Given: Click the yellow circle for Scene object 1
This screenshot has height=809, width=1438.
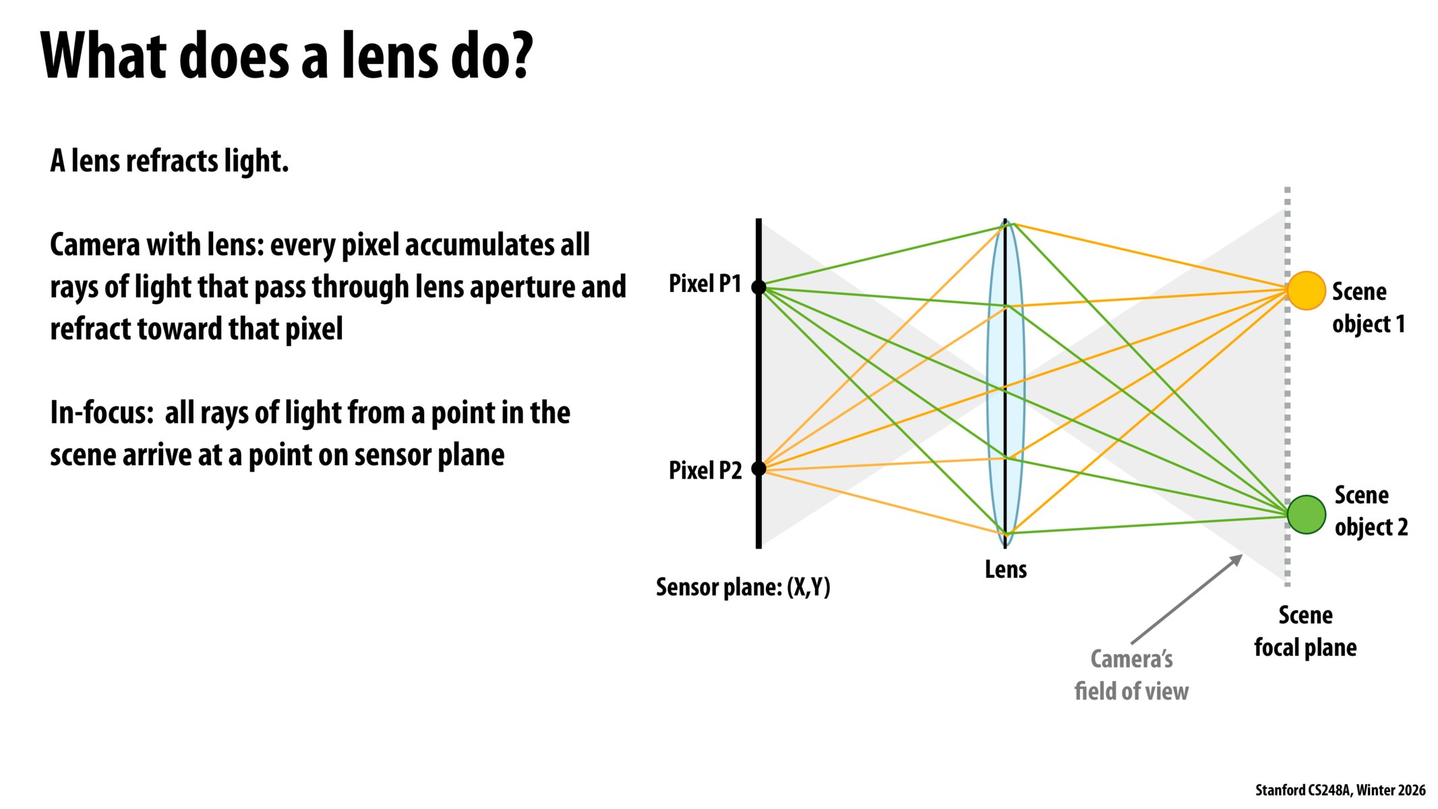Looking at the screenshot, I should pyautogui.click(x=1306, y=291).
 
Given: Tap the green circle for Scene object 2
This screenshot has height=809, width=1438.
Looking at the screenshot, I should pyautogui.click(x=1307, y=514).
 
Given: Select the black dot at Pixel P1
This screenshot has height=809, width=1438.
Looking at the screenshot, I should pyautogui.click(x=758, y=287).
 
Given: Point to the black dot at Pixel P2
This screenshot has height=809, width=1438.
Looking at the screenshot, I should pyautogui.click(x=758, y=468).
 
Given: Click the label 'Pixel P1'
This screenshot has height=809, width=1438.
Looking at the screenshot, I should pyautogui.click(x=705, y=284).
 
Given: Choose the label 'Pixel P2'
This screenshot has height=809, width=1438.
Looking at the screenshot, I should pyautogui.click(x=705, y=470).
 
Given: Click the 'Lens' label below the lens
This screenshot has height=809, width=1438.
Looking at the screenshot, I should pyautogui.click(x=1005, y=570).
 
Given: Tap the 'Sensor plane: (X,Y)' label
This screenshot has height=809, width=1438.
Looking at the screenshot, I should pyautogui.click(x=743, y=587).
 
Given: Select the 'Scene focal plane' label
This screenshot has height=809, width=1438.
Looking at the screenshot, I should pyautogui.click(x=1305, y=632).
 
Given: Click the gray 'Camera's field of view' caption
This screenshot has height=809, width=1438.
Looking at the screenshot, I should pyautogui.click(x=1131, y=675).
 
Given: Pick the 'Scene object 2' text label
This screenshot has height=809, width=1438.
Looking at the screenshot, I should pyautogui.click(x=1371, y=511).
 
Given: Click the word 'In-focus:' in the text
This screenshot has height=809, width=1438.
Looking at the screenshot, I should pyautogui.click(x=102, y=413).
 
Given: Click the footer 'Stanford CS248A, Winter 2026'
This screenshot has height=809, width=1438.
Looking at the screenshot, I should pyautogui.click(x=1340, y=790).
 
